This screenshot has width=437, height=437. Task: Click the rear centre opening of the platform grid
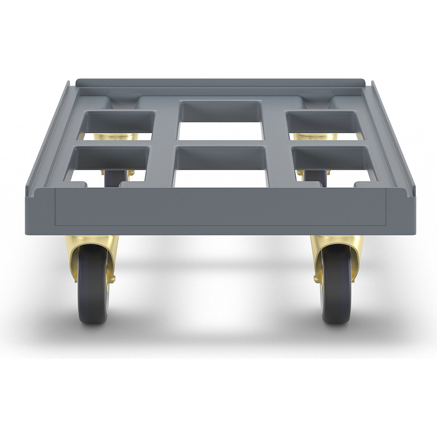pyautogui.click(x=220, y=120)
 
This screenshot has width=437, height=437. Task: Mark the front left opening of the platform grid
pyautogui.click(x=109, y=164)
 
